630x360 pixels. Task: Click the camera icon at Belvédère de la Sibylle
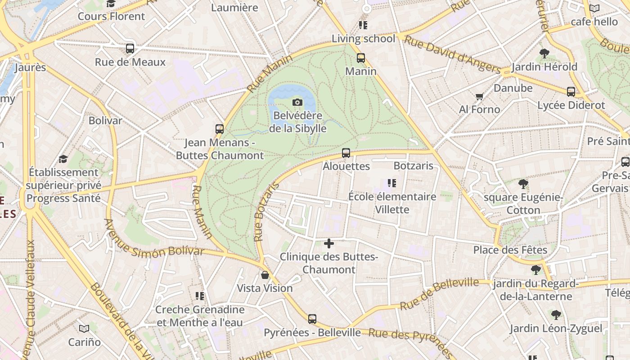pyautogui.click(x=297, y=102)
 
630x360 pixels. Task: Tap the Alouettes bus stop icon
pyautogui.click(x=346, y=153)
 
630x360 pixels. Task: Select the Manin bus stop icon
pyautogui.click(x=360, y=58)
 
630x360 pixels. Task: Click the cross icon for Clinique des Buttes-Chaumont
pyautogui.click(x=329, y=243)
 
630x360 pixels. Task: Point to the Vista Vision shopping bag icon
pyautogui.click(x=265, y=274)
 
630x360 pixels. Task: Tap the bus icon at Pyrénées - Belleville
pyautogui.click(x=312, y=319)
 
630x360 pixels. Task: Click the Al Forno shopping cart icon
pyautogui.click(x=479, y=96)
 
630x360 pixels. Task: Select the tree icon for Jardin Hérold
pyautogui.click(x=544, y=54)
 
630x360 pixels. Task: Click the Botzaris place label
pyautogui.click(x=413, y=166)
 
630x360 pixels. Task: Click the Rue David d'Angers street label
pyautogui.click(x=452, y=54)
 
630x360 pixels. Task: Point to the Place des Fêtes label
pyautogui.click(x=510, y=250)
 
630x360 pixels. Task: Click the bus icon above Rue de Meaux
pyautogui.click(x=130, y=49)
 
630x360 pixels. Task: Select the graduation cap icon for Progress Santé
pyautogui.click(x=63, y=159)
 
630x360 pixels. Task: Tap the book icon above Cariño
pyautogui.click(x=84, y=328)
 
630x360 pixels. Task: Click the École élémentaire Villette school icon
pyautogui.click(x=391, y=183)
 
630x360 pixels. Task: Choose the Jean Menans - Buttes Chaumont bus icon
pyautogui.click(x=220, y=129)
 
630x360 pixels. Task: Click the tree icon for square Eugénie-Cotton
pyautogui.click(x=523, y=184)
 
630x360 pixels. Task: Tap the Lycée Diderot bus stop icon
pyautogui.click(x=571, y=92)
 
